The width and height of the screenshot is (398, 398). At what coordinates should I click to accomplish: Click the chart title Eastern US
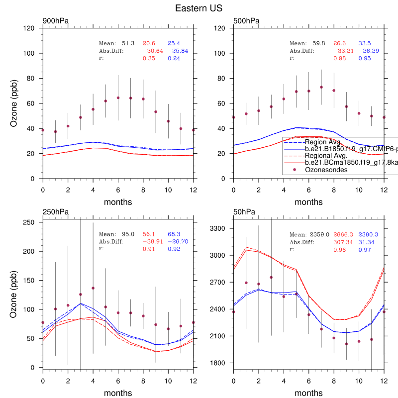[199, 8]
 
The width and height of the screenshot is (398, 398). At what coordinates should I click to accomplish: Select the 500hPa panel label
[246, 21]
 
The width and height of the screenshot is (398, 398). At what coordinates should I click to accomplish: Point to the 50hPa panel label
[244, 212]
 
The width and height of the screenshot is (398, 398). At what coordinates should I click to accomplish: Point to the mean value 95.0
[128, 234]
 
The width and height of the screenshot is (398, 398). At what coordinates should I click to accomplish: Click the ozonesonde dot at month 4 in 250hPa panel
[93, 288]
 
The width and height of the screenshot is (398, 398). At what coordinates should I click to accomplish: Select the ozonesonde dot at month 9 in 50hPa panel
[346, 344]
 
